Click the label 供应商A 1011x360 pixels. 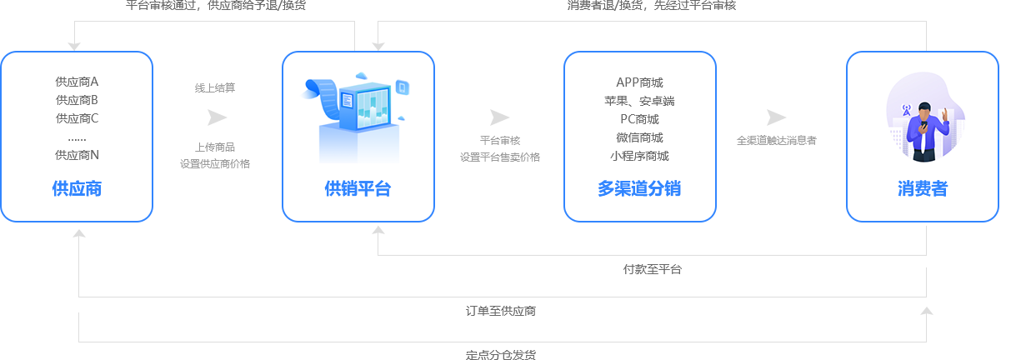tap(77, 82)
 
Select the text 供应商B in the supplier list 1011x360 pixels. tap(77, 100)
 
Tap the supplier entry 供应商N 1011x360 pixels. tap(77, 155)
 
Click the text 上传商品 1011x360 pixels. tap(215, 147)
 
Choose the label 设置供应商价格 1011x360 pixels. tap(215, 163)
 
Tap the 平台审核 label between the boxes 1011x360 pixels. tap(500, 141)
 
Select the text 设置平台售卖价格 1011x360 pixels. tap(500, 157)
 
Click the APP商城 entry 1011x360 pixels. tap(640, 82)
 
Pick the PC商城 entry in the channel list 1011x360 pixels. tap(640, 119)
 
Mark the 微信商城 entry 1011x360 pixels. tap(640, 137)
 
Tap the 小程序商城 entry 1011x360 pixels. tap(640, 156)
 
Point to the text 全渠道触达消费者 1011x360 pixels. tap(776, 141)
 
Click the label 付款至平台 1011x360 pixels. tap(653, 269)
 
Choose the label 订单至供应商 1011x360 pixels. tap(500, 311)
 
